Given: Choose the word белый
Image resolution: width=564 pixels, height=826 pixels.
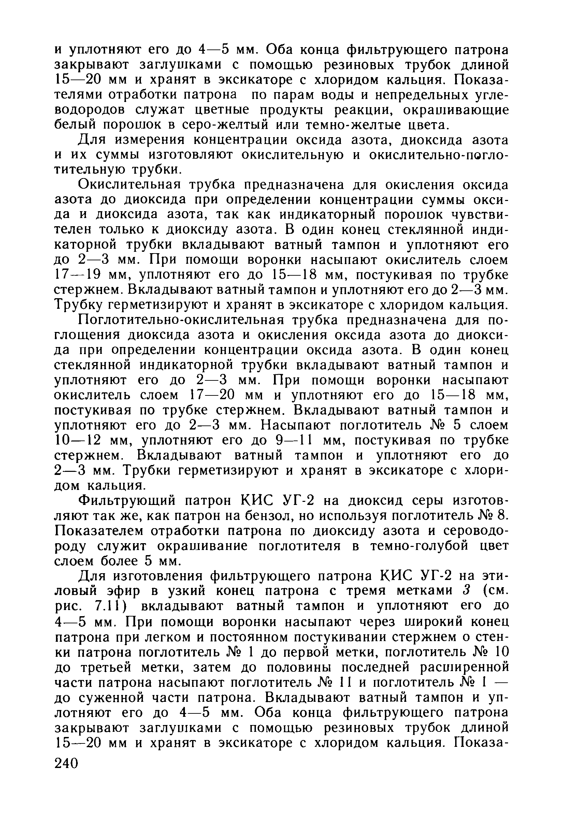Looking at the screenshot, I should pyautogui.click(x=75, y=125).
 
